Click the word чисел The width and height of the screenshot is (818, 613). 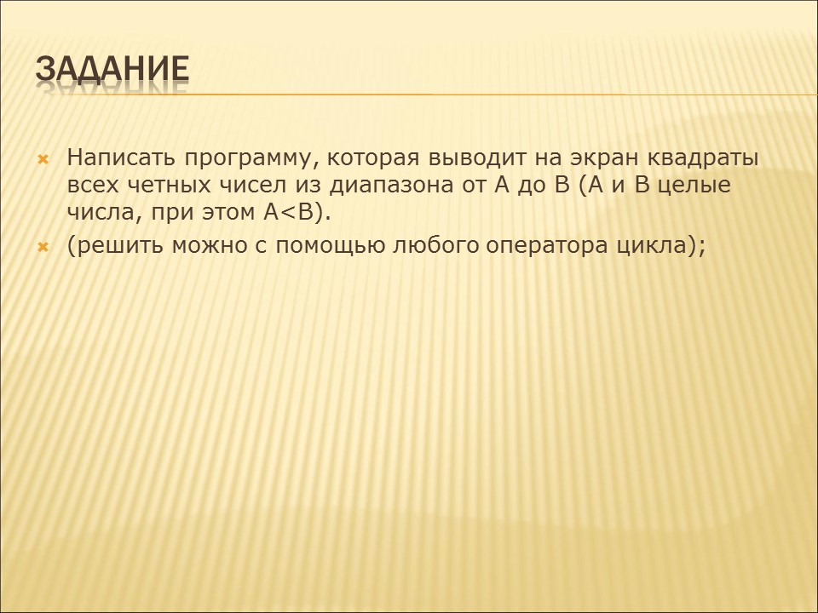[x=259, y=185]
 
